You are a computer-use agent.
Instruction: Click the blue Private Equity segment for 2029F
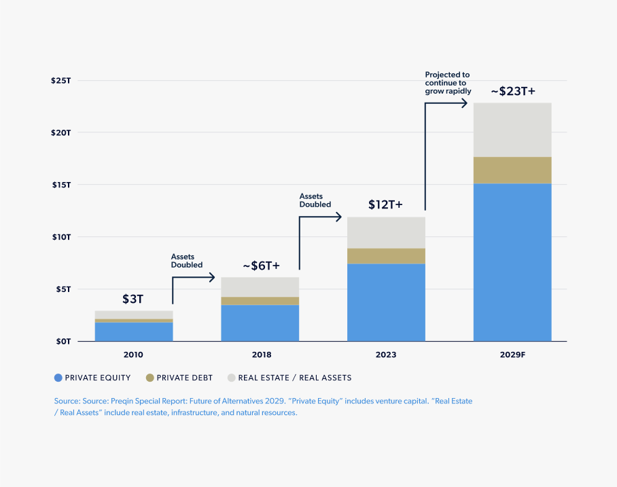(512, 261)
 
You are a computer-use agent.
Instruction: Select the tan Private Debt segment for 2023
(385, 255)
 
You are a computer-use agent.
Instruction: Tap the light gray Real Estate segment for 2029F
(512, 130)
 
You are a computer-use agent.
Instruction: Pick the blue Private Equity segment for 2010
(133, 331)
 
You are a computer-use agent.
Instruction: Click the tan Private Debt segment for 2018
(260, 301)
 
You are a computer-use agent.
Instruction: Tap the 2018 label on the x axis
(261, 355)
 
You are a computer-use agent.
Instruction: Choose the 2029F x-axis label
(512, 355)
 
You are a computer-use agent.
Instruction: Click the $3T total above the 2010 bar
(133, 299)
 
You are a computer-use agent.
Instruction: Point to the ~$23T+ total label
(512, 91)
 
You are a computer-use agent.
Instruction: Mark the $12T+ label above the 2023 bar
(385, 204)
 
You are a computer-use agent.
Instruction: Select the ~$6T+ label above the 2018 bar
(261, 266)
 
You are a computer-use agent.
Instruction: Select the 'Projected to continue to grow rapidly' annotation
(446, 82)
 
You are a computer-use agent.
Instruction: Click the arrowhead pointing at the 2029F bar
(465, 103)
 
